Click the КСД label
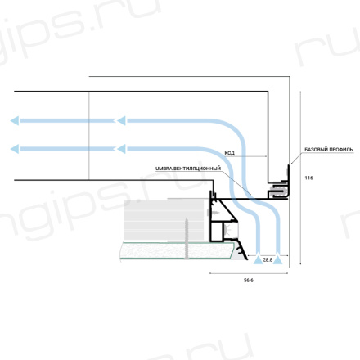229,153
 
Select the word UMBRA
164,169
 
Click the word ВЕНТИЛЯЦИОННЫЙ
197,169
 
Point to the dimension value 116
308,178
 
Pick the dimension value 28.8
268,260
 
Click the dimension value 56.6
249,280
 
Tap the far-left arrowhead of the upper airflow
15,120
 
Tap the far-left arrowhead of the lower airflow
15,149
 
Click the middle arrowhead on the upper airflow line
121,120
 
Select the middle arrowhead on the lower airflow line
121,149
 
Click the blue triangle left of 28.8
258,259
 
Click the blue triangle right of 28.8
277,259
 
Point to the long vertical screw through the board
186,238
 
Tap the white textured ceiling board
178,250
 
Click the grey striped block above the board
164,220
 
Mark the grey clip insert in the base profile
278,189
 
